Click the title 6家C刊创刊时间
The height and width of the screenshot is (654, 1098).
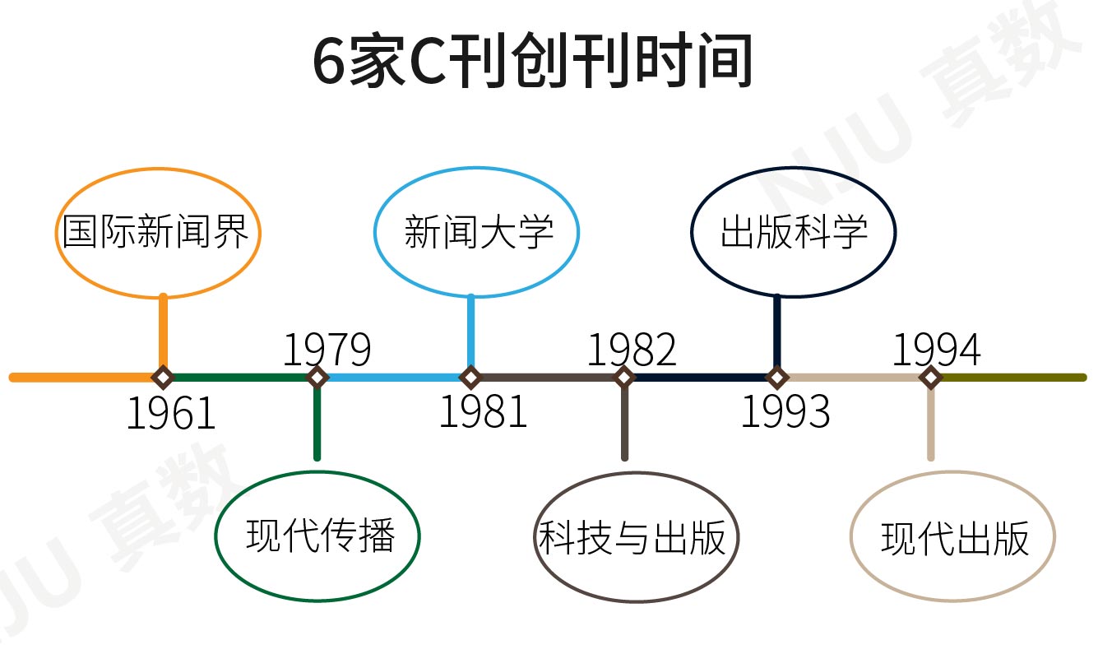[x=533, y=62]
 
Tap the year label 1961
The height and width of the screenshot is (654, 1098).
[x=170, y=414]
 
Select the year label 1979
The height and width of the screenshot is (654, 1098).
[x=327, y=350]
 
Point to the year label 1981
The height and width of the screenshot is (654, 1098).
[x=482, y=412]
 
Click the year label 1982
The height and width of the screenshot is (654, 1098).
[x=631, y=350]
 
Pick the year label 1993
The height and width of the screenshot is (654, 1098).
[x=785, y=412]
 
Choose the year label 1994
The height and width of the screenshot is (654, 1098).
[x=936, y=350]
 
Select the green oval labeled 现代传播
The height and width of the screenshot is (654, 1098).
[x=318, y=536]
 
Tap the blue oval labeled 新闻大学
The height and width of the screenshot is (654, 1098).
[x=477, y=234]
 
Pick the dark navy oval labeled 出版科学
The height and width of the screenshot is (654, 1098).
[x=793, y=234]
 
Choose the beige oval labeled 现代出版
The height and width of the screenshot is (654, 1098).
[x=952, y=539]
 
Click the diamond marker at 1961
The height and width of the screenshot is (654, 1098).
[x=163, y=378]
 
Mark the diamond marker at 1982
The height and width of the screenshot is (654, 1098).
[x=624, y=378]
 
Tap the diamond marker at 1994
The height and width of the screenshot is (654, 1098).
[x=930, y=378]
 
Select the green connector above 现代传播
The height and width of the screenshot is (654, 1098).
[x=317, y=424]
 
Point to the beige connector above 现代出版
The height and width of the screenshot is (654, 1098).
[x=930, y=424]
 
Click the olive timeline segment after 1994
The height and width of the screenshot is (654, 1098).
[x=1012, y=378]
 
